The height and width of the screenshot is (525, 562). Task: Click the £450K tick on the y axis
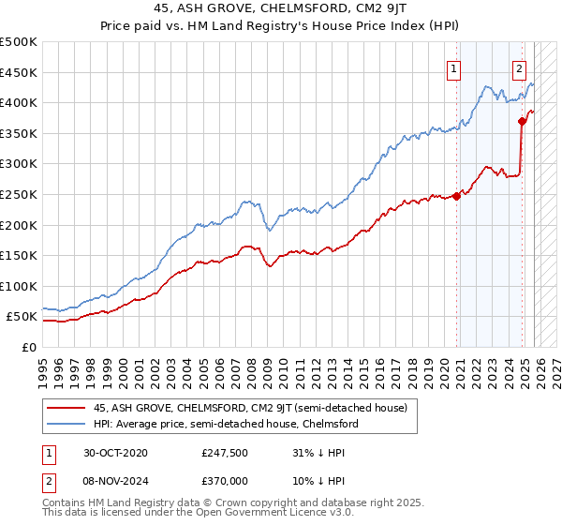[x=19, y=72]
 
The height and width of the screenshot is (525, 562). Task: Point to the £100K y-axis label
[x=19, y=286]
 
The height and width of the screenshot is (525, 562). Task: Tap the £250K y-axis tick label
[x=19, y=194]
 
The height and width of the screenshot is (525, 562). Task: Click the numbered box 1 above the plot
[x=453, y=67]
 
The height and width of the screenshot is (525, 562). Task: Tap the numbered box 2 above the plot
[x=519, y=67]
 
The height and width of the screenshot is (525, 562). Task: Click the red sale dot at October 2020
[x=457, y=196]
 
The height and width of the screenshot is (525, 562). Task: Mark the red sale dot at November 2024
[x=522, y=121]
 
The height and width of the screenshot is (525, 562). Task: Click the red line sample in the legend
[x=67, y=408]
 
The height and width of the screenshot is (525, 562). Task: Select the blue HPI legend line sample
[x=67, y=424]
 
